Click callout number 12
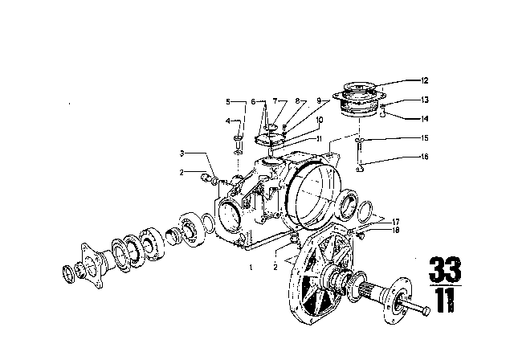pyautogui.click(x=425, y=80)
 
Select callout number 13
pyautogui.click(x=425, y=100)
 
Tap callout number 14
pyautogui.click(x=425, y=119)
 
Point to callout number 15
pyautogui.click(x=425, y=138)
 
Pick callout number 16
pyautogui.click(x=425, y=157)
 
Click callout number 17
pyautogui.click(x=396, y=223)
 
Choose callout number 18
pyautogui.click(x=396, y=230)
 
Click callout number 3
pyautogui.click(x=182, y=153)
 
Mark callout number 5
pyautogui.click(x=228, y=101)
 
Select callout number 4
pyautogui.click(x=228, y=121)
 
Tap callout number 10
pyautogui.click(x=320, y=120)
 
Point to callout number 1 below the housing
pyautogui.click(x=251, y=268)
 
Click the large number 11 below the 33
pyautogui.click(x=445, y=300)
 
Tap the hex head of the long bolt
pyautogui.click(x=426, y=311)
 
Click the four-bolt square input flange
pyautogui.click(x=91, y=265)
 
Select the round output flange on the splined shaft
pyautogui.click(x=396, y=301)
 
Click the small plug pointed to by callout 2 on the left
pyautogui.click(x=205, y=178)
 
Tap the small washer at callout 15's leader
pyautogui.click(x=360, y=141)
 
